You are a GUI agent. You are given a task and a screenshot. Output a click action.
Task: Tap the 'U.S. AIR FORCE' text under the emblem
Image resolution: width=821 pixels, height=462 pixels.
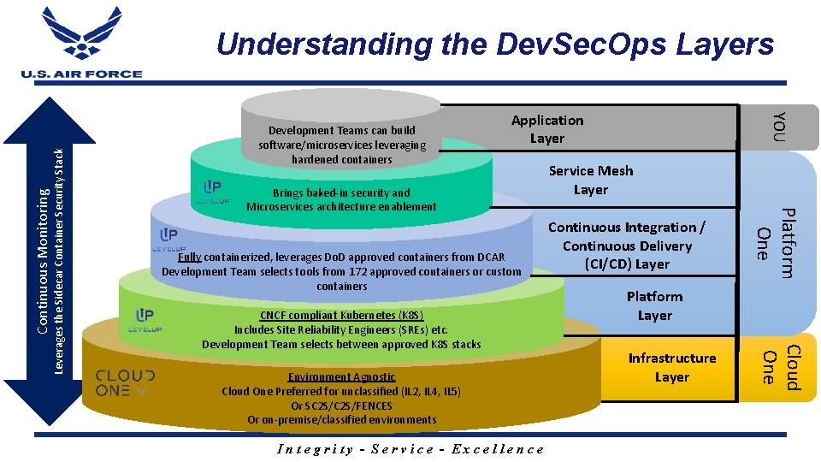click(82, 74)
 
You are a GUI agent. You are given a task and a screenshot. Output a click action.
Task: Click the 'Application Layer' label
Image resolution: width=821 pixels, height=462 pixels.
click(547, 129)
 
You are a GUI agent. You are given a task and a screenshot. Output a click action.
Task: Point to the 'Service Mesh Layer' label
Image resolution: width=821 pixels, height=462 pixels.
click(591, 180)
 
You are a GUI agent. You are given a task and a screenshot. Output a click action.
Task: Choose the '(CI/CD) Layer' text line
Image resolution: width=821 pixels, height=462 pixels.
click(627, 264)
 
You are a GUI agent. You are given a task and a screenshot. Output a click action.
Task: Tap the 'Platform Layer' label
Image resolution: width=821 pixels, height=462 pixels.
click(654, 305)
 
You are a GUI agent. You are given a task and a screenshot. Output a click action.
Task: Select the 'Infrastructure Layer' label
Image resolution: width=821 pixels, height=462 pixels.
click(672, 367)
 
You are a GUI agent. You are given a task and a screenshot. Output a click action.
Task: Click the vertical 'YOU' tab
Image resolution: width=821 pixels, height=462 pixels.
click(778, 127)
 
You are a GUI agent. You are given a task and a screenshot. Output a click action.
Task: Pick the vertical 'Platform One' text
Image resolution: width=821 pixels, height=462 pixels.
click(777, 243)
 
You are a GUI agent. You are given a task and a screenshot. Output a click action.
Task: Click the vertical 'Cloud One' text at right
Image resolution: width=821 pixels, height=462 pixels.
click(780, 367)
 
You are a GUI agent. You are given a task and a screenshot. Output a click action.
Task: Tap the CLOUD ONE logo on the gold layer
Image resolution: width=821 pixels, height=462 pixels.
click(125, 382)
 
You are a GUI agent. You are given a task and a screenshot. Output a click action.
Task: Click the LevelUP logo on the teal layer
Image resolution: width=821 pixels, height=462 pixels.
click(213, 192)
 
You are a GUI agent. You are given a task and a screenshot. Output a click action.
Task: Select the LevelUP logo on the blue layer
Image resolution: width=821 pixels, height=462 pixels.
click(168, 239)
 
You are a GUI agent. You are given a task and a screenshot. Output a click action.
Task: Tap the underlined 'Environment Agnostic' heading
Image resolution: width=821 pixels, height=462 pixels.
click(342, 377)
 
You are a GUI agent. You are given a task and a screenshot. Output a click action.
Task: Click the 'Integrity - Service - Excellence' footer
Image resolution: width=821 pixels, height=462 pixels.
click(410, 449)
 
